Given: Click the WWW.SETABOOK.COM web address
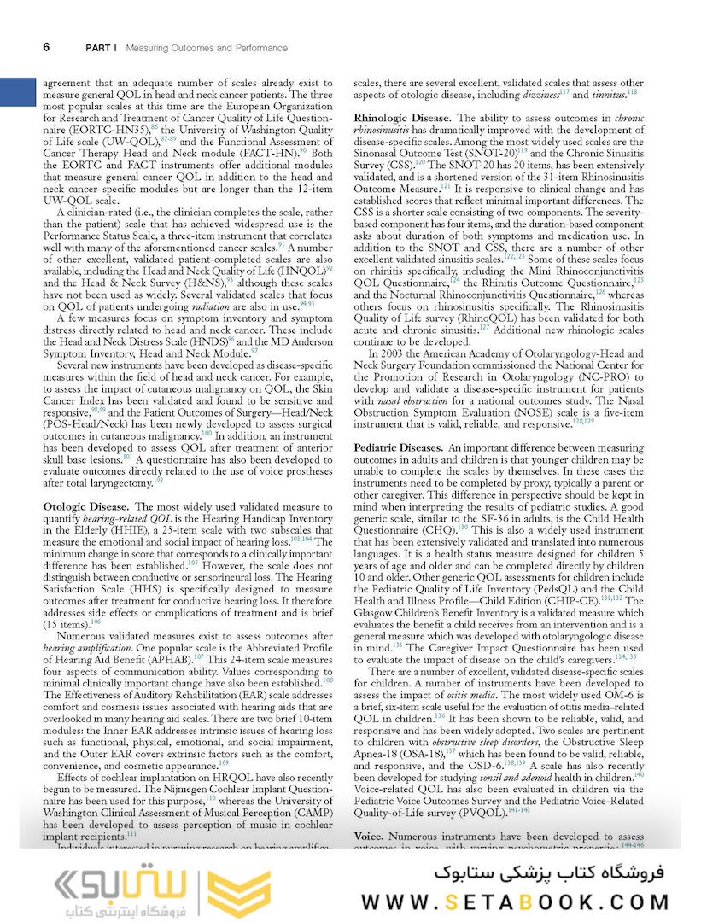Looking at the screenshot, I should tap(515, 902).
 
